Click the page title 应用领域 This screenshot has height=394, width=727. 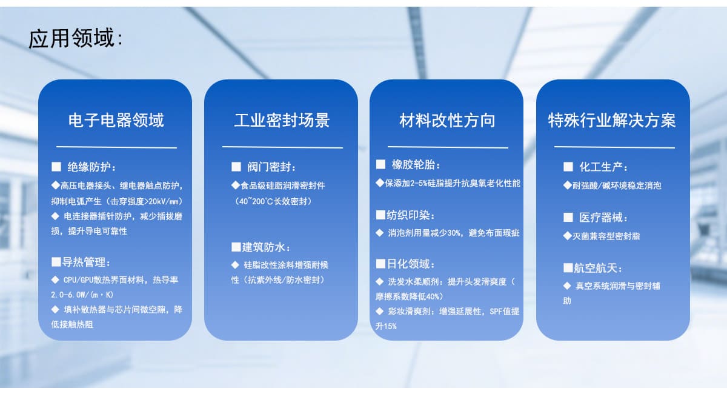coord(71,39)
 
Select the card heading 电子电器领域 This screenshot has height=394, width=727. coord(116,120)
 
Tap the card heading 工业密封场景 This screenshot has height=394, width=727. coord(282,120)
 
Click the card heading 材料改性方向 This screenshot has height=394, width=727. coord(447,120)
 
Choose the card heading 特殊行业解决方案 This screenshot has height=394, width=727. coord(612,120)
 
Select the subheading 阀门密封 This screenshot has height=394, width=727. coord(272,167)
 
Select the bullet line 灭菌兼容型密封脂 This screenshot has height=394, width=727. coord(606,236)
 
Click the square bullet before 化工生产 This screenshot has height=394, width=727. coord(568,167)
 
